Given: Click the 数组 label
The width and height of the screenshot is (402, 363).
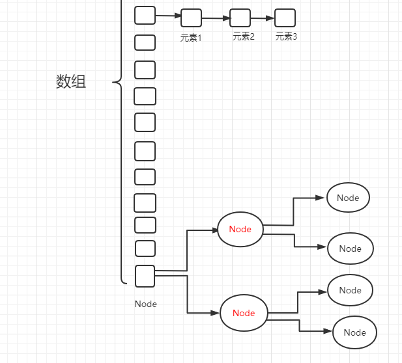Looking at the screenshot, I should click(71, 82).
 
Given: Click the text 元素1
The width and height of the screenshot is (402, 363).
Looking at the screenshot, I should click(191, 38).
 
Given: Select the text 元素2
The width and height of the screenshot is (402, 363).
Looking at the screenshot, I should click(243, 36).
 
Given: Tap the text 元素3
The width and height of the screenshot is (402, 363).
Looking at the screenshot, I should click(286, 36).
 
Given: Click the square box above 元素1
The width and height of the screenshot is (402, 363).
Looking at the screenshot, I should click(191, 18).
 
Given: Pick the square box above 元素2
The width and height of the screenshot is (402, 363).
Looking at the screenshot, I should click(240, 18).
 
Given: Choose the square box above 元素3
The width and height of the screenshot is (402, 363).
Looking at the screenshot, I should click(285, 18).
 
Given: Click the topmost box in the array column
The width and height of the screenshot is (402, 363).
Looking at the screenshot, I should click(145, 15).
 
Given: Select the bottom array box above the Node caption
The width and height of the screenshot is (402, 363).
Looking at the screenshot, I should click(145, 276).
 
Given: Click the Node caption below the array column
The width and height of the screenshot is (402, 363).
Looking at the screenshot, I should click(145, 304).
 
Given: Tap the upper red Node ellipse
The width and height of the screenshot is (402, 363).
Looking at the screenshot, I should click(240, 229).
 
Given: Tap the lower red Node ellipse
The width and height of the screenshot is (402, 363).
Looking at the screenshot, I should click(244, 313).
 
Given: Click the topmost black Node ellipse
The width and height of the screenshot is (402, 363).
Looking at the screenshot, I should click(348, 198).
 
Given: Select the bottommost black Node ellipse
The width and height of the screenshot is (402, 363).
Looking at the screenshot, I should click(354, 332).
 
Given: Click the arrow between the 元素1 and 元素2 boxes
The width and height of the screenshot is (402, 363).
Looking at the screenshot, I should click(216, 18).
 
